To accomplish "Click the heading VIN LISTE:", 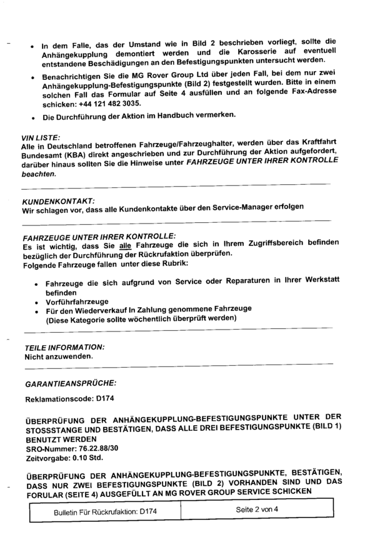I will (41, 137).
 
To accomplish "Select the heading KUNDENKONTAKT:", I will (58, 202).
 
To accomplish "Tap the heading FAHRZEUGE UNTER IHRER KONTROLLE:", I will (99, 237).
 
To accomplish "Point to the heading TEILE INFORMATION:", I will (64, 346).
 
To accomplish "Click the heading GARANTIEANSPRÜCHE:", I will (70, 380).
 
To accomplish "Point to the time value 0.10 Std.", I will (88, 458).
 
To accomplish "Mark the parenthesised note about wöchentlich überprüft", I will (142, 318).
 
